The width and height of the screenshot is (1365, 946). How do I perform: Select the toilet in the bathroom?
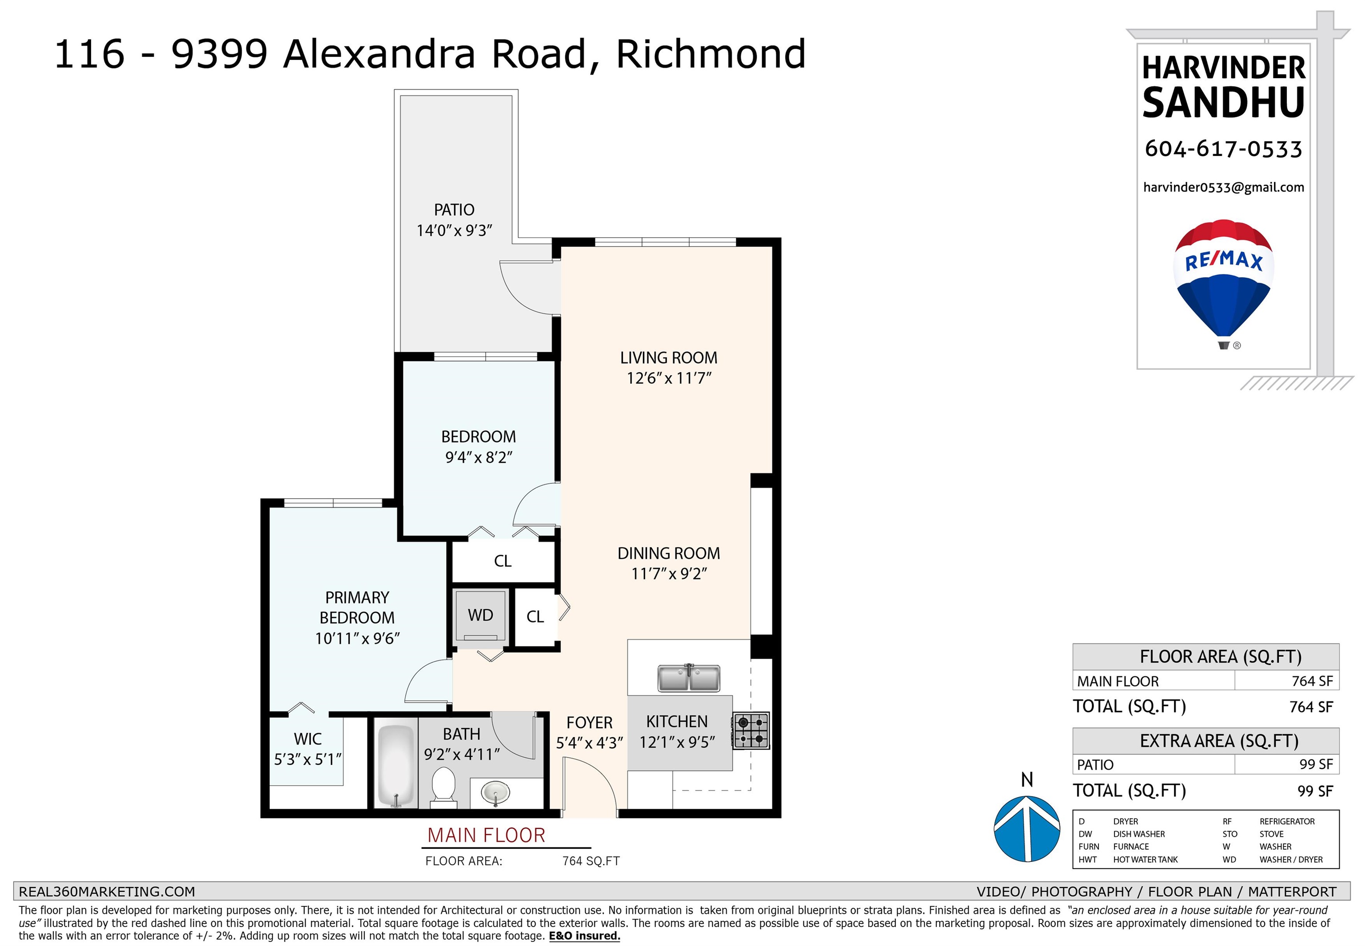[x=443, y=787]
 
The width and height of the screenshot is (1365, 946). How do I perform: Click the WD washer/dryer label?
[x=480, y=615]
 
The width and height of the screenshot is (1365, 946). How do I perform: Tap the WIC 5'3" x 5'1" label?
[x=308, y=749]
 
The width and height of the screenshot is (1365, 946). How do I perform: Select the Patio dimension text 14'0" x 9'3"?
[x=454, y=231]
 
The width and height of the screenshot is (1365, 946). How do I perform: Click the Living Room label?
[x=669, y=358]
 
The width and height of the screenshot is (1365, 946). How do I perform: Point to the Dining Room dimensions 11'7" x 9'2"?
[x=669, y=574]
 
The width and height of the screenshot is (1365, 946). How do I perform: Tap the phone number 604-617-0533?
[x=1223, y=149]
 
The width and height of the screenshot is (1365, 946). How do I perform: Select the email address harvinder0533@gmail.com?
[x=1223, y=187]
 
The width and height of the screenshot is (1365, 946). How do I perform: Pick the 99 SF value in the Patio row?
[x=1316, y=765]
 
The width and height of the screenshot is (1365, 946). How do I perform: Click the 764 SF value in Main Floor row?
[x=1312, y=681]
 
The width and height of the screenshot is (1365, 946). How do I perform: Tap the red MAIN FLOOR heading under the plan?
[x=486, y=835]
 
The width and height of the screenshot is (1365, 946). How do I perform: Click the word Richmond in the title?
[x=711, y=54]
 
